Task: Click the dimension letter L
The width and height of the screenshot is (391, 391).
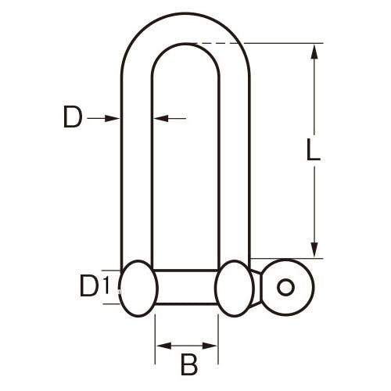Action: pyautogui.click(x=313, y=149)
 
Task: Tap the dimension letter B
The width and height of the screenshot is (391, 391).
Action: pyautogui.click(x=189, y=364)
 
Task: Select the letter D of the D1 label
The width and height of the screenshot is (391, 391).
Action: pyautogui.click(x=89, y=286)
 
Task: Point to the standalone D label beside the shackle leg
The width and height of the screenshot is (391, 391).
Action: pyautogui.click(x=73, y=117)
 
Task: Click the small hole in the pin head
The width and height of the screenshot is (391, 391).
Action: pyautogui.click(x=286, y=287)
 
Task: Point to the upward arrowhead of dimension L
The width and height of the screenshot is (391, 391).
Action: pyautogui.click(x=314, y=52)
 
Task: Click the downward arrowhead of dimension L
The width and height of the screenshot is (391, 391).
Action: pyautogui.click(x=314, y=249)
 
